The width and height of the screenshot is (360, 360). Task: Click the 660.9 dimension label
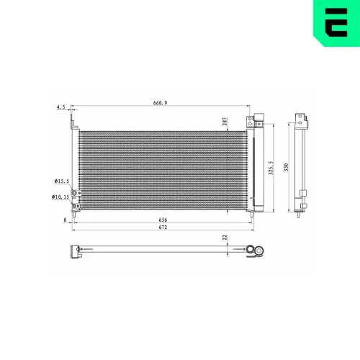(160, 103)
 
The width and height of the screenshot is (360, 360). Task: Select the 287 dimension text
(225, 122)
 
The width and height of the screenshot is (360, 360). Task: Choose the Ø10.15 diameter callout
(60, 196)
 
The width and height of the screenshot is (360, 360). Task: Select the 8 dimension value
(65, 220)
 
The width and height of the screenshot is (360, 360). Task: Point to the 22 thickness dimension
(225, 237)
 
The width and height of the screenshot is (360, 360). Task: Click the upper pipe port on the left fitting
(73, 182)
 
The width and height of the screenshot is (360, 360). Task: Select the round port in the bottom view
(251, 251)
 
